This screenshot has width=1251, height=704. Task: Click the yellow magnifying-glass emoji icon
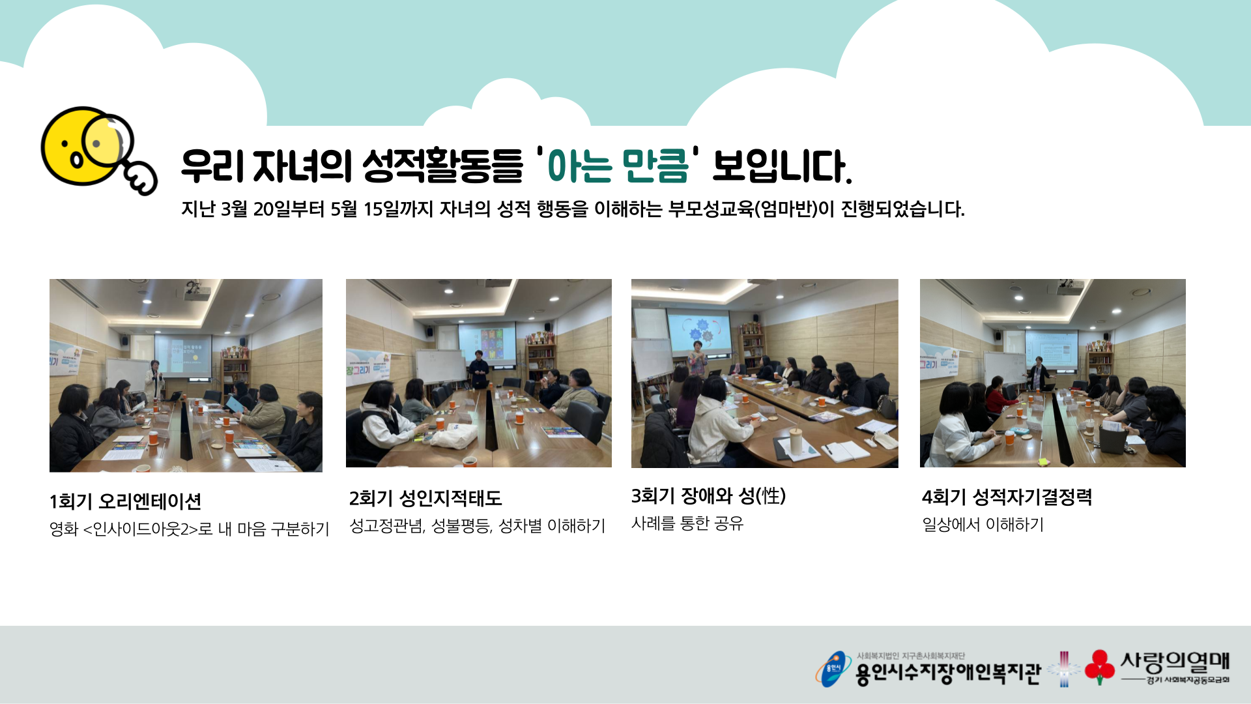pyautogui.click(x=98, y=150)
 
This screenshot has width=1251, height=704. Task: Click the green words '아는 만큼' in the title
pyautogui.click(x=618, y=166)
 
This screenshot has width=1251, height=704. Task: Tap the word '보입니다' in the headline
pyautogui.click(x=782, y=166)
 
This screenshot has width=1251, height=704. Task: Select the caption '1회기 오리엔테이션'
pyautogui.click(x=125, y=501)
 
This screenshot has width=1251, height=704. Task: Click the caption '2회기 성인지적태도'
pyautogui.click(x=425, y=499)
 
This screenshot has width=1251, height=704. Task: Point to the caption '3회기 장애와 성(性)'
pyautogui.click(x=708, y=496)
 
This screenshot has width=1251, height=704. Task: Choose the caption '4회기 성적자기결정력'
pyautogui.click(x=1007, y=497)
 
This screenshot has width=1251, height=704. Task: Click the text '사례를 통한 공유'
pyautogui.click(x=687, y=523)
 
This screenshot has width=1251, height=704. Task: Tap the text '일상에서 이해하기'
pyautogui.click(x=983, y=525)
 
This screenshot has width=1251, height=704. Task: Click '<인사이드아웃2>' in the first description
pyautogui.click(x=140, y=529)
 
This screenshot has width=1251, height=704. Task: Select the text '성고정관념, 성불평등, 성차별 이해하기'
pyautogui.click(x=478, y=526)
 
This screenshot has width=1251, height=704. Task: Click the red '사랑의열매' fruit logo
pyautogui.click(x=1099, y=666)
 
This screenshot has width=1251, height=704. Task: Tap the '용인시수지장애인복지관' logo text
pyautogui.click(x=948, y=673)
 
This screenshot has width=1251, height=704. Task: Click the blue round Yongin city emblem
pyautogui.click(x=833, y=668)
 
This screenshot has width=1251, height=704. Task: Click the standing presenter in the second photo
pyautogui.click(x=479, y=369)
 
